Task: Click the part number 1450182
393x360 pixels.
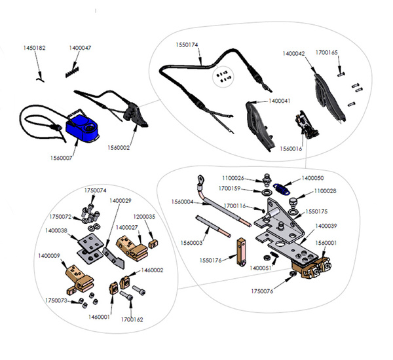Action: click(x=35, y=48)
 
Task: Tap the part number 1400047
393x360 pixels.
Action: click(x=80, y=48)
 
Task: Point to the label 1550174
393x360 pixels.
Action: click(x=187, y=45)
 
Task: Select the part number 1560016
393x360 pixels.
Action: click(x=292, y=149)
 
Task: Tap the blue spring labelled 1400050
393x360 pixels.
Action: click(x=283, y=189)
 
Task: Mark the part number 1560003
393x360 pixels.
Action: click(x=193, y=242)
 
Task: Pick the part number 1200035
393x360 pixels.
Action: click(x=145, y=215)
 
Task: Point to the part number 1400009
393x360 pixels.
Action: click(x=50, y=256)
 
